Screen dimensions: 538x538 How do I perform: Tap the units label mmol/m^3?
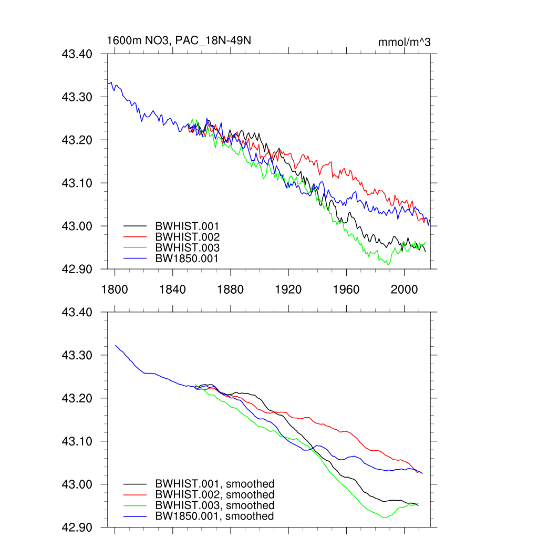click(x=404, y=42)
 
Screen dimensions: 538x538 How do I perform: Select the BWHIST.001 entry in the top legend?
click(x=187, y=226)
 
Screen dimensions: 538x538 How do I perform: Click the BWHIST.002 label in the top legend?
click(x=187, y=237)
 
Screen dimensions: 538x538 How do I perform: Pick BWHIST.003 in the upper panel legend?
click(x=187, y=247)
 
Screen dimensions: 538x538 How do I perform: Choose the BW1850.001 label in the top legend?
click(x=187, y=258)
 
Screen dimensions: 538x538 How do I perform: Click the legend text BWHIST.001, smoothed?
click(x=214, y=484)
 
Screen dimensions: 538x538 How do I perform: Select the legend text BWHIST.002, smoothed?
click(x=214, y=495)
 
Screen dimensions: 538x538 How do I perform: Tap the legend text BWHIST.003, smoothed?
click(x=214, y=505)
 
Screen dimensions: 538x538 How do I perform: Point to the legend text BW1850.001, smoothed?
click(x=214, y=516)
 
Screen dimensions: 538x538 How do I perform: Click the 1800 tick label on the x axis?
click(x=115, y=288)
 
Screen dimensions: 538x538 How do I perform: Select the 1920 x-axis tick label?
click(x=288, y=288)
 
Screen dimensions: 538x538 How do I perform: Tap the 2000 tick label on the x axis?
click(x=404, y=288)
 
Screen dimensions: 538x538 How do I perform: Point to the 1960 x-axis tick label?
click(x=346, y=288)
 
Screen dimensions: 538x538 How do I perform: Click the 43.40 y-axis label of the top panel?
click(x=77, y=54)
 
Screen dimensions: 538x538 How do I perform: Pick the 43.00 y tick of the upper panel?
click(x=77, y=226)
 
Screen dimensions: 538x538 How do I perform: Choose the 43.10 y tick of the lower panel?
click(x=77, y=441)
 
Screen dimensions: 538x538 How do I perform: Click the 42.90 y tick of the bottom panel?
click(x=77, y=527)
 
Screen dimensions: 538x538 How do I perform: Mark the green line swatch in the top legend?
click(x=134, y=247)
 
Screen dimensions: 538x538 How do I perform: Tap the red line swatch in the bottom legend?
click(x=134, y=495)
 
